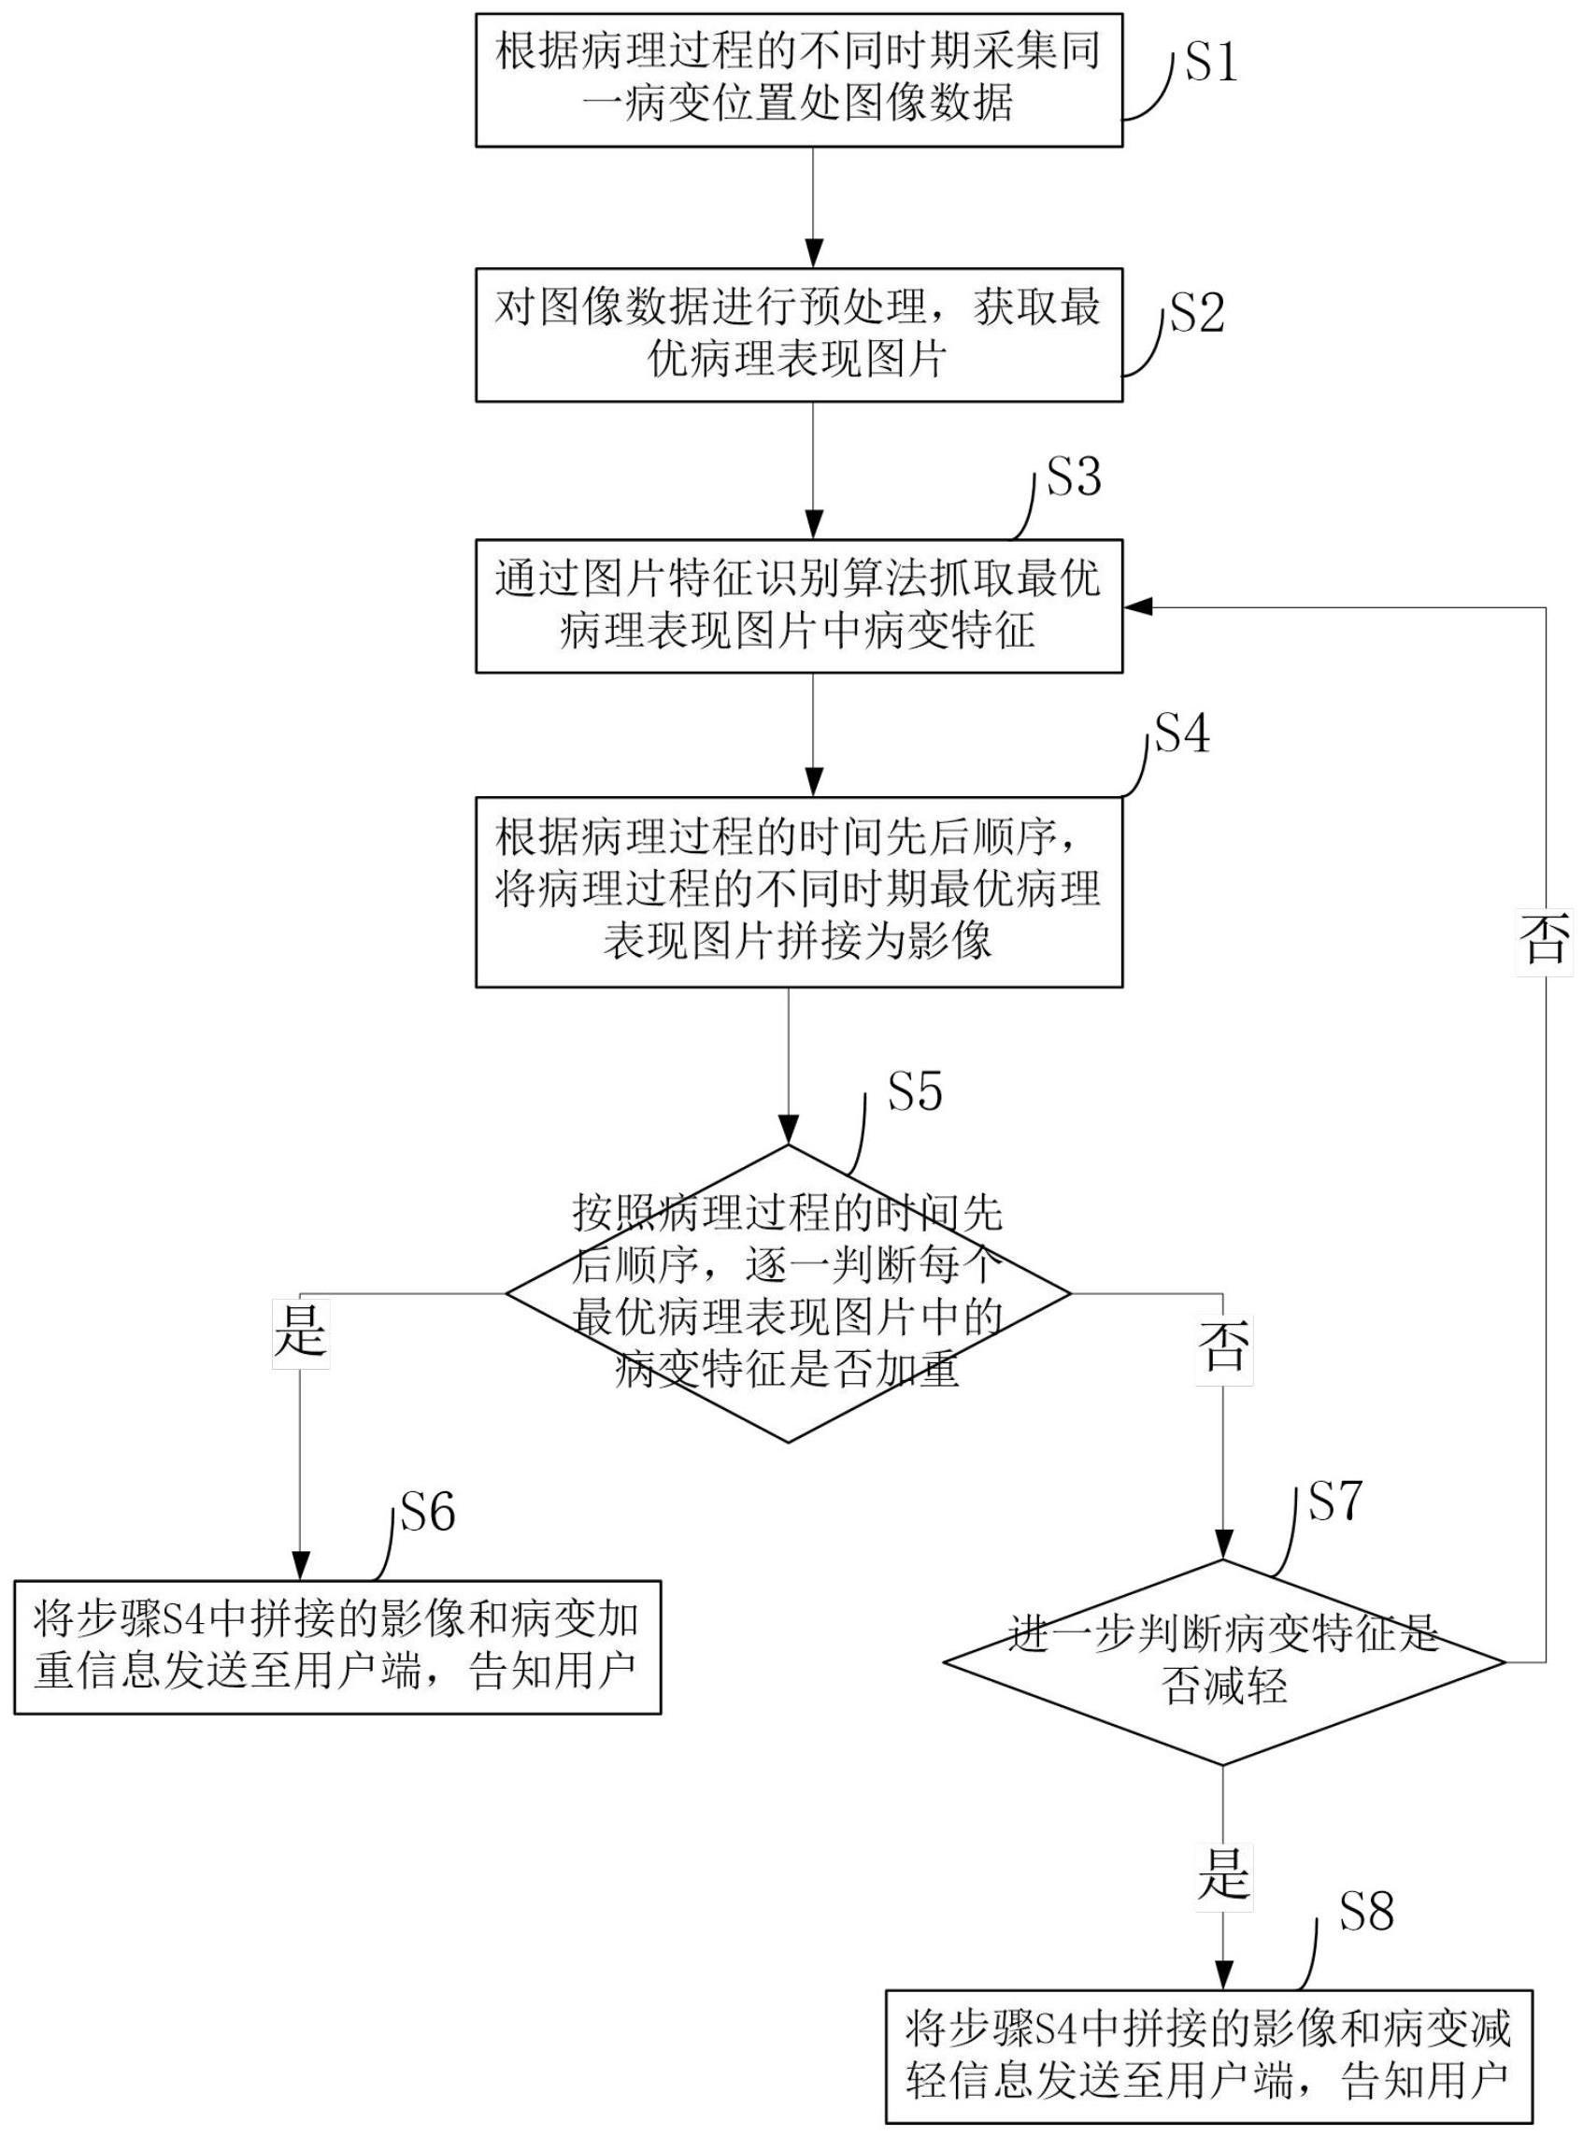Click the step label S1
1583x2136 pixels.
pos(1211,64)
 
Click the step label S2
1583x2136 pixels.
pos(1198,313)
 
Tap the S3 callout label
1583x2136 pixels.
pos(1073,477)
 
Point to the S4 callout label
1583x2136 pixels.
pos(1182,734)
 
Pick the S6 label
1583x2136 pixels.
pos(428,1512)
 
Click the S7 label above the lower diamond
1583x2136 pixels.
pos(1334,1501)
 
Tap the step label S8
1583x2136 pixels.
pos(1365,1911)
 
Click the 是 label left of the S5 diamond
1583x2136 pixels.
pos(300,1328)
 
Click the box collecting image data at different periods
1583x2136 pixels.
pos(798,79)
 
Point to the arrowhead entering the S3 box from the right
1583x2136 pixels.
pos(1136,606)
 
